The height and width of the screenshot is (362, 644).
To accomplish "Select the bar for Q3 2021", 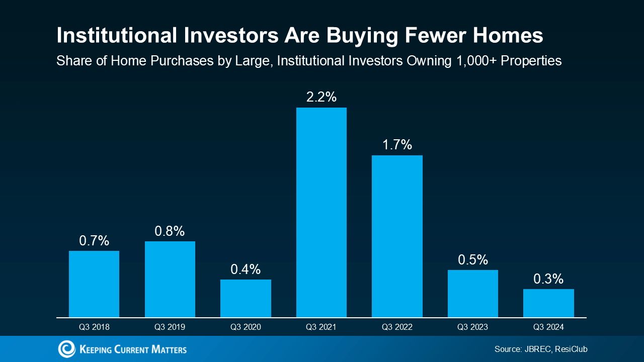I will click(321, 212).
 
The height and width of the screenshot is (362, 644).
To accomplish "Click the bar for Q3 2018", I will click(94, 284).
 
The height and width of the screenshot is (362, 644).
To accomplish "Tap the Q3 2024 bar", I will click(548, 303).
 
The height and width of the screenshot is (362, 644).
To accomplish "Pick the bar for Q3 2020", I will click(246, 298).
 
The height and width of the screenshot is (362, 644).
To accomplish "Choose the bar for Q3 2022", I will click(397, 236).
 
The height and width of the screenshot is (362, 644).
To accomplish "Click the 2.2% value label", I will click(321, 97).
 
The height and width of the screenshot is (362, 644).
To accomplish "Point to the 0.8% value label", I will click(170, 231).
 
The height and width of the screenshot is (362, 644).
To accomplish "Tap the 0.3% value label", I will click(548, 279).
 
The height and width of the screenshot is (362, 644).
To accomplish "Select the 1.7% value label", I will click(397, 145).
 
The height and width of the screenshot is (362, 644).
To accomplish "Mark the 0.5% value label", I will click(473, 260).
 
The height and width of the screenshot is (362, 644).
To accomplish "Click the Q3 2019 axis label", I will click(170, 327).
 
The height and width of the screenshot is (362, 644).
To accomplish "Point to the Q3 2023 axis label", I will click(472, 327).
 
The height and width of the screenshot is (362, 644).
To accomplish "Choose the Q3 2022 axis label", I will click(397, 327).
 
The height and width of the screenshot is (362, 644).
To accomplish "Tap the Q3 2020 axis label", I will click(246, 327).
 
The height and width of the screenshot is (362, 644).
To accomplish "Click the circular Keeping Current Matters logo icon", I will click(66, 349).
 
